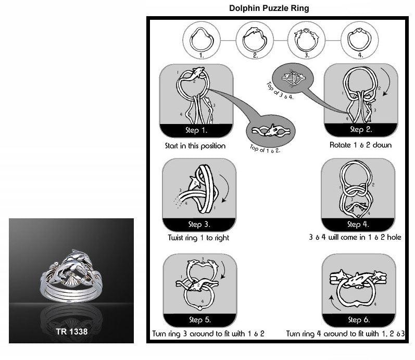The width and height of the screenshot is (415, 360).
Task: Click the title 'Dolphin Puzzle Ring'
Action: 269,8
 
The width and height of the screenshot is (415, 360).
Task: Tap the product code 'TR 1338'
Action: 71,331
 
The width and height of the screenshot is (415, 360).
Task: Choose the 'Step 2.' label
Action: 360,130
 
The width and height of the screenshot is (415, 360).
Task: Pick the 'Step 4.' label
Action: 358,225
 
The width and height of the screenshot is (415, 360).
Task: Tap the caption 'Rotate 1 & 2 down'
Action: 361,145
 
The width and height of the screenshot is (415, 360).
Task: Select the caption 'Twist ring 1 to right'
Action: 196,238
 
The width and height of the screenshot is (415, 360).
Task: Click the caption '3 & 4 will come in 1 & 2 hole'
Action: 357,238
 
